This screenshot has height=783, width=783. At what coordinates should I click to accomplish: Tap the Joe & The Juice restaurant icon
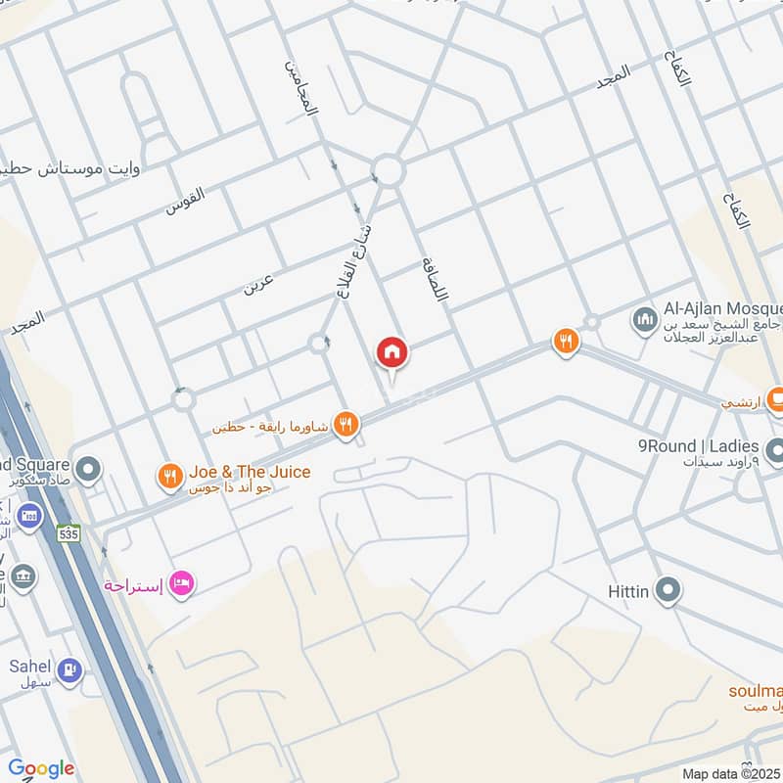coord(169,477)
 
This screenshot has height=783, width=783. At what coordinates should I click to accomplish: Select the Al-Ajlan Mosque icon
coord(644,319)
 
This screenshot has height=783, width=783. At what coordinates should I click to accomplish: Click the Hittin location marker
coord(668,590)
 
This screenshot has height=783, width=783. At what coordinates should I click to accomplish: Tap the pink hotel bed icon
coord(182,585)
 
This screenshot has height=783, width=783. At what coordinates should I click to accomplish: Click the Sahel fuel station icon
coord(69,669)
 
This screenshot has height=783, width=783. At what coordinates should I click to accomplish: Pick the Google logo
coord(41,768)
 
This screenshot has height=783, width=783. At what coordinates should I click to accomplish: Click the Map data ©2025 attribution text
coord(730,773)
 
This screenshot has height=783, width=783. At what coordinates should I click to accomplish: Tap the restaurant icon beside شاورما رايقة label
coord(345,424)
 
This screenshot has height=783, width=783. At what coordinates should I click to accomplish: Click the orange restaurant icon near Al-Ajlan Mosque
coord(565,342)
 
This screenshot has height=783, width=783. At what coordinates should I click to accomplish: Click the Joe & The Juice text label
coord(249,472)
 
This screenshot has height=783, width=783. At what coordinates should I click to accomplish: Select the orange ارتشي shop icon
coord(776,399)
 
